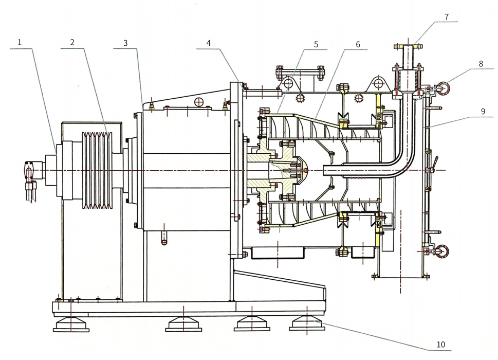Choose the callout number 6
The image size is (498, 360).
coord(357,44)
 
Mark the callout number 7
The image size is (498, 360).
coord(447,17)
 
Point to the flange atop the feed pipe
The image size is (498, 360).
coord(409,46)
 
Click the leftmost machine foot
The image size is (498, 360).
coord(70,323)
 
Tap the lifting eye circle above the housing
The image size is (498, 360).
coord(379,83)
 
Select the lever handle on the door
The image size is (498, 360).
coord(434,164)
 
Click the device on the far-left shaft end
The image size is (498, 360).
coord(30,170)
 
